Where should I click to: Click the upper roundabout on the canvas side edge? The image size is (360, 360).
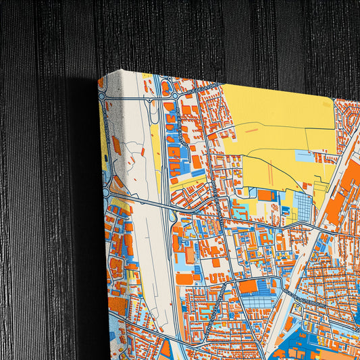[x=103, y=97]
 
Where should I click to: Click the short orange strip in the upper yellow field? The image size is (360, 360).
[x=251, y=130]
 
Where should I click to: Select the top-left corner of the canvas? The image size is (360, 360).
[x=99, y=79]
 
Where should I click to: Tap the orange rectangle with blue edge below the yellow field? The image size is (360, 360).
[x=265, y=196]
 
